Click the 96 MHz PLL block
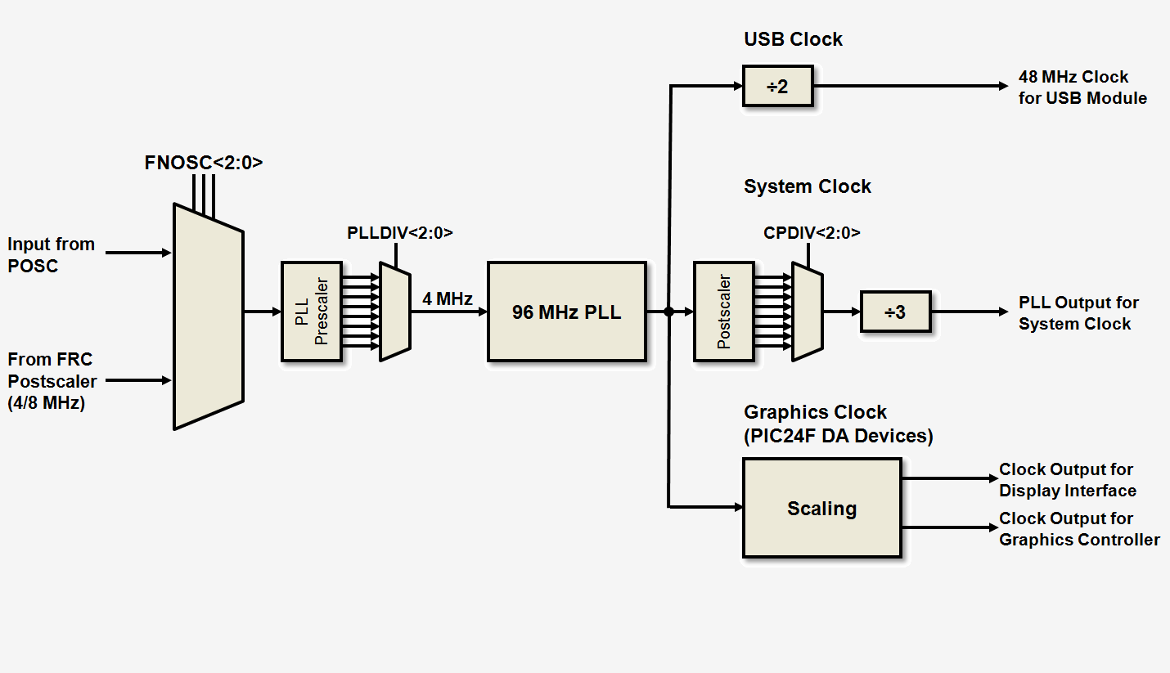[567, 312]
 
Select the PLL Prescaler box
[311, 312]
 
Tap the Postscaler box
[723, 312]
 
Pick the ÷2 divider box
[777, 86]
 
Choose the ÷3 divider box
[895, 312]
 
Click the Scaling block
[821, 508]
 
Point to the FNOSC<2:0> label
[204, 163]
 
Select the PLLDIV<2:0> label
[400, 233]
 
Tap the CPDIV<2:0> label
[812, 233]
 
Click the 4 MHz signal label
[448, 298]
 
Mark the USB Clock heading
[793, 39]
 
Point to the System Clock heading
[808, 186]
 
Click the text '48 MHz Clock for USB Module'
[1082, 87]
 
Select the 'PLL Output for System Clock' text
[1078, 313]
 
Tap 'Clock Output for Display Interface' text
[1067, 480]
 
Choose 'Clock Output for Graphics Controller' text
[1079, 529]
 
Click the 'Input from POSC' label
[51, 254]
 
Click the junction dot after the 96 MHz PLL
[668, 312]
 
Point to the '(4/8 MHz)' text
[46, 402]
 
